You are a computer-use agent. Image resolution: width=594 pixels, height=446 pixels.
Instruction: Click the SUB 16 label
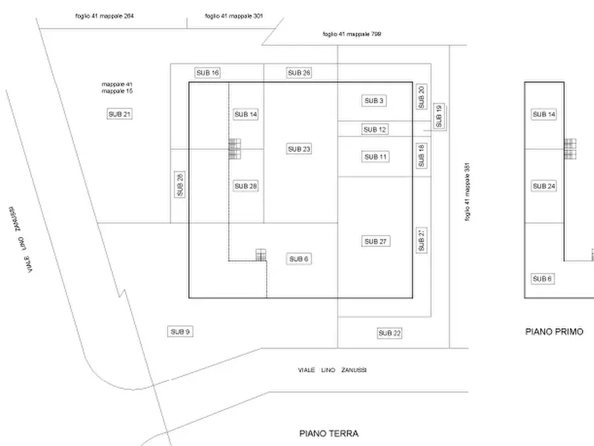click(x=207, y=73)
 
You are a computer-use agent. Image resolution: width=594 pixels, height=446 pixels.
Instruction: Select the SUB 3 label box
click(x=374, y=101)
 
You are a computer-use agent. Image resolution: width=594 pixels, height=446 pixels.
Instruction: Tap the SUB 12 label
click(x=375, y=130)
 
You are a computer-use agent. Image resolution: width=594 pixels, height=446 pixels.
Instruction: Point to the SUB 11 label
click(x=375, y=157)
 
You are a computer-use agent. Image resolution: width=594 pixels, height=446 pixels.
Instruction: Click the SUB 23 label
click(x=299, y=149)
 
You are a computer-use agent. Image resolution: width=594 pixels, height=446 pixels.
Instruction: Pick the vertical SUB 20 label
click(x=421, y=97)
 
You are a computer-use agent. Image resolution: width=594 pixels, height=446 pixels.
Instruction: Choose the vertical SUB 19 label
click(x=438, y=116)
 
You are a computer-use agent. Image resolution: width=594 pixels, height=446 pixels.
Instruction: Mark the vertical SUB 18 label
click(x=421, y=156)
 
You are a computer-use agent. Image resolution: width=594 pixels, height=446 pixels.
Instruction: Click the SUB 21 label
click(x=120, y=114)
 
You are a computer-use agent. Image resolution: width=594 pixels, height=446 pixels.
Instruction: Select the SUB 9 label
click(x=180, y=332)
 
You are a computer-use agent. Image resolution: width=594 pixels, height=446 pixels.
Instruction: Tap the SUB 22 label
click(x=390, y=334)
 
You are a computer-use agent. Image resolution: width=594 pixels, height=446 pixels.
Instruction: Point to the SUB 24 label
click(x=543, y=186)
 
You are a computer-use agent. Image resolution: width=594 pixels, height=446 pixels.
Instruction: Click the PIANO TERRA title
click(x=329, y=433)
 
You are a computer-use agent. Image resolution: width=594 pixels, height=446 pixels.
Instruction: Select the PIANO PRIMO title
click(x=554, y=331)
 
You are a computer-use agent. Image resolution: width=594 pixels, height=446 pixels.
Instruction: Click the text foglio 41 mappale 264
click(x=105, y=15)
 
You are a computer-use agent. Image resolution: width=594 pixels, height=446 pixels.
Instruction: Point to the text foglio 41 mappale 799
click(x=352, y=34)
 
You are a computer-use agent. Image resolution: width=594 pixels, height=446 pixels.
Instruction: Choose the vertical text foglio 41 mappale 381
click(x=468, y=192)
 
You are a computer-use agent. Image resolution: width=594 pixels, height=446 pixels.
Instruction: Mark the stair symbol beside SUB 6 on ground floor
click(x=261, y=255)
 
